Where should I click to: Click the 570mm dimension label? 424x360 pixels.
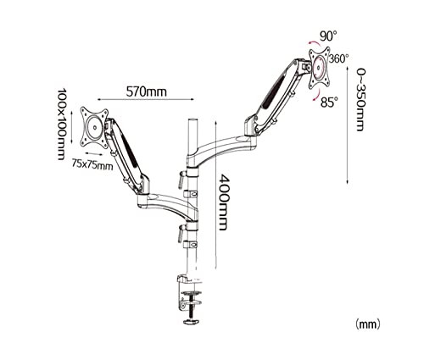point(146,91)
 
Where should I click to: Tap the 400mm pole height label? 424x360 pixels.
point(223,202)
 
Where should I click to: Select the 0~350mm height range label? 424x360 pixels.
point(360,99)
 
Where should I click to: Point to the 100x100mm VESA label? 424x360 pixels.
point(62,124)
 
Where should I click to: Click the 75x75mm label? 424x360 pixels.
point(92,164)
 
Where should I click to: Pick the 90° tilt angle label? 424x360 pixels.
point(328,36)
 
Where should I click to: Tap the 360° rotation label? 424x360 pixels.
point(338,58)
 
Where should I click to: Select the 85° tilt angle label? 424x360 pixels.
point(329,102)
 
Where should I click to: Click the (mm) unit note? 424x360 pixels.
point(367,324)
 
